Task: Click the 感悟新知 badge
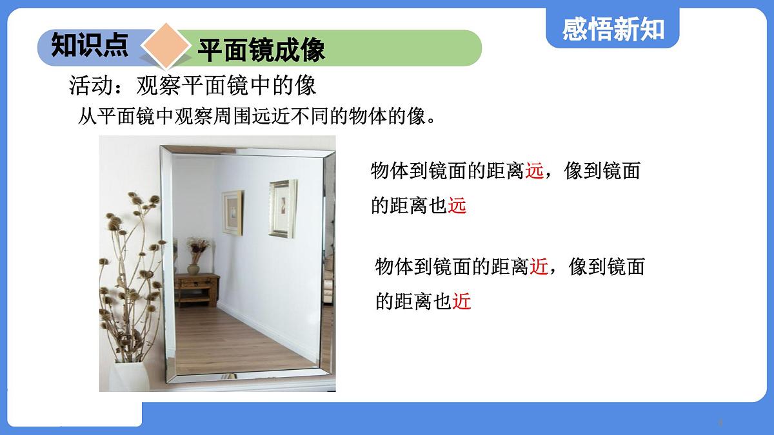click(613, 28)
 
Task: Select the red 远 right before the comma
click(535, 171)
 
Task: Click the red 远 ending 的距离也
click(457, 206)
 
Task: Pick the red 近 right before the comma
click(539, 267)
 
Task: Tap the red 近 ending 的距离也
click(462, 301)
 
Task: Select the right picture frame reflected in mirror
click(282, 208)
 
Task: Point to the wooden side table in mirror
click(197, 288)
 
